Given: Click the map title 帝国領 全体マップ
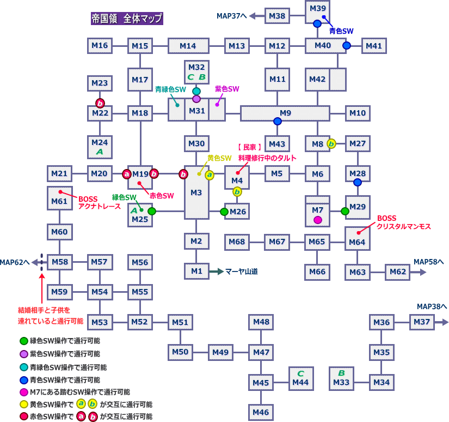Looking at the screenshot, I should [x=126, y=18].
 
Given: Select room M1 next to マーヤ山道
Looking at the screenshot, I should [x=196, y=270].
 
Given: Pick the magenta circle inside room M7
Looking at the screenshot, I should [x=318, y=220].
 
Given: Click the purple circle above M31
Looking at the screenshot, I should [x=196, y=99].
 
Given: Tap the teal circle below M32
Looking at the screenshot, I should [x=196, y=91].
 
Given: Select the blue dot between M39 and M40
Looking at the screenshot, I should [x=317, y=24].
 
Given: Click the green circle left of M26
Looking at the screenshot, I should [x=224, y=212].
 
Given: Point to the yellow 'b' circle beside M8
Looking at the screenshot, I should [x=331, y=144].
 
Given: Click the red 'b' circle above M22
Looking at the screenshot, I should [x=100, y=103].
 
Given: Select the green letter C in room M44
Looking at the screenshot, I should [x=300, y=373].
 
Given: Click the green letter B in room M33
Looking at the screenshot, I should [x=341, y=373].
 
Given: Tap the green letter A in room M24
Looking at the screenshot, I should [x=100, y=152].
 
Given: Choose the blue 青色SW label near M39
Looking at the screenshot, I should [x=341, y=32].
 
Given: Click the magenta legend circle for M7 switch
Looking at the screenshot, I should [x=23, y=392].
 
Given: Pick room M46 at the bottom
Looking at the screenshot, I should [x=261, y=412].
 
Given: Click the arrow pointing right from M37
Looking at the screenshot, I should [x=442, y=322].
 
